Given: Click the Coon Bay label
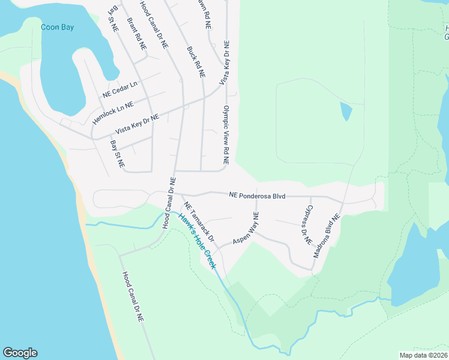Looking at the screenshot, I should pyautogui.click(x=57, y=27).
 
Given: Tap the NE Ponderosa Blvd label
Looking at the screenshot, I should pyautogui.click(x=257, y=196).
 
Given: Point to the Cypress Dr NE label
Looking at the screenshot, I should pyautogui.click(x=308, y=223).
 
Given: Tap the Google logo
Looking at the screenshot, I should pyautogui.click(x=20, y=353).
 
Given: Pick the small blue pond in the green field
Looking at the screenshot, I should pyautogui.click(x=346, y=111).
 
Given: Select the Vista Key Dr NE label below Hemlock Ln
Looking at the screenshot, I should pyautogui.click(x=137, y=125).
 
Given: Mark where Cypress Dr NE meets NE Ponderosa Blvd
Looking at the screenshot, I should pyautogui.click(x=311, y=196).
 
